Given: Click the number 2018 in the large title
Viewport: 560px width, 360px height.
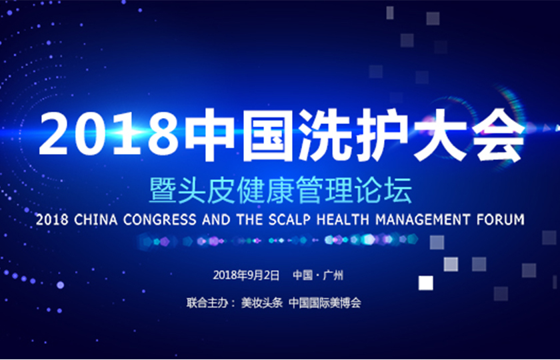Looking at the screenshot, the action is point(109,133).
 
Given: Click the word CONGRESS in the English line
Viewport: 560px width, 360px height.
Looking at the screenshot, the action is point(159,219).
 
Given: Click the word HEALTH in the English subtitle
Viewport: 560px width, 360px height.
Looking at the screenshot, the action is point(343,219).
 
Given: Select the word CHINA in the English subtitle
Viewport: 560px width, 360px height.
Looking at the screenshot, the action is point(96,219).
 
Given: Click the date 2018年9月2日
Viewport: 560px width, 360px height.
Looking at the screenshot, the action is point(246,275).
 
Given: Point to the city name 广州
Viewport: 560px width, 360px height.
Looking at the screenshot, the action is point(333,275).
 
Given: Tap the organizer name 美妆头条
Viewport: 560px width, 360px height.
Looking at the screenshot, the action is point(262,303).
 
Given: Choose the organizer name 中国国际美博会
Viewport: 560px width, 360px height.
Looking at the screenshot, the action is point(325,303).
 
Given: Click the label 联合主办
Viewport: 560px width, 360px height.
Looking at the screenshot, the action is point(207,303).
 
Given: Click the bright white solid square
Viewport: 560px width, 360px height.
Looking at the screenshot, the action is point(426,283).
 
